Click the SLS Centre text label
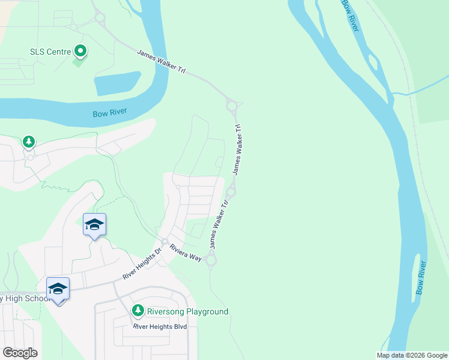[x=50, y=51]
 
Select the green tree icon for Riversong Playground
[x=138, y=311]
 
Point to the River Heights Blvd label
[x=160, y=326]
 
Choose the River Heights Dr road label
[x=142, y=265]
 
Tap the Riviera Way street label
[x=185, y=252]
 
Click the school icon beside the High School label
[x=58, y=289]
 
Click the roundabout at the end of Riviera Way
[x=211, y=260]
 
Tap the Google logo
[x=20, y=353]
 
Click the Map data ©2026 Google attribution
[x=412, y=355]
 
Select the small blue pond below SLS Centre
[x=118, y=83]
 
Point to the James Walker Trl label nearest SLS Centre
[x=161, y=62]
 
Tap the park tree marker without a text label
[x=28, y=142]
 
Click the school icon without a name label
[x=94, y=225]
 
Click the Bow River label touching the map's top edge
[x=351, y=15]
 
